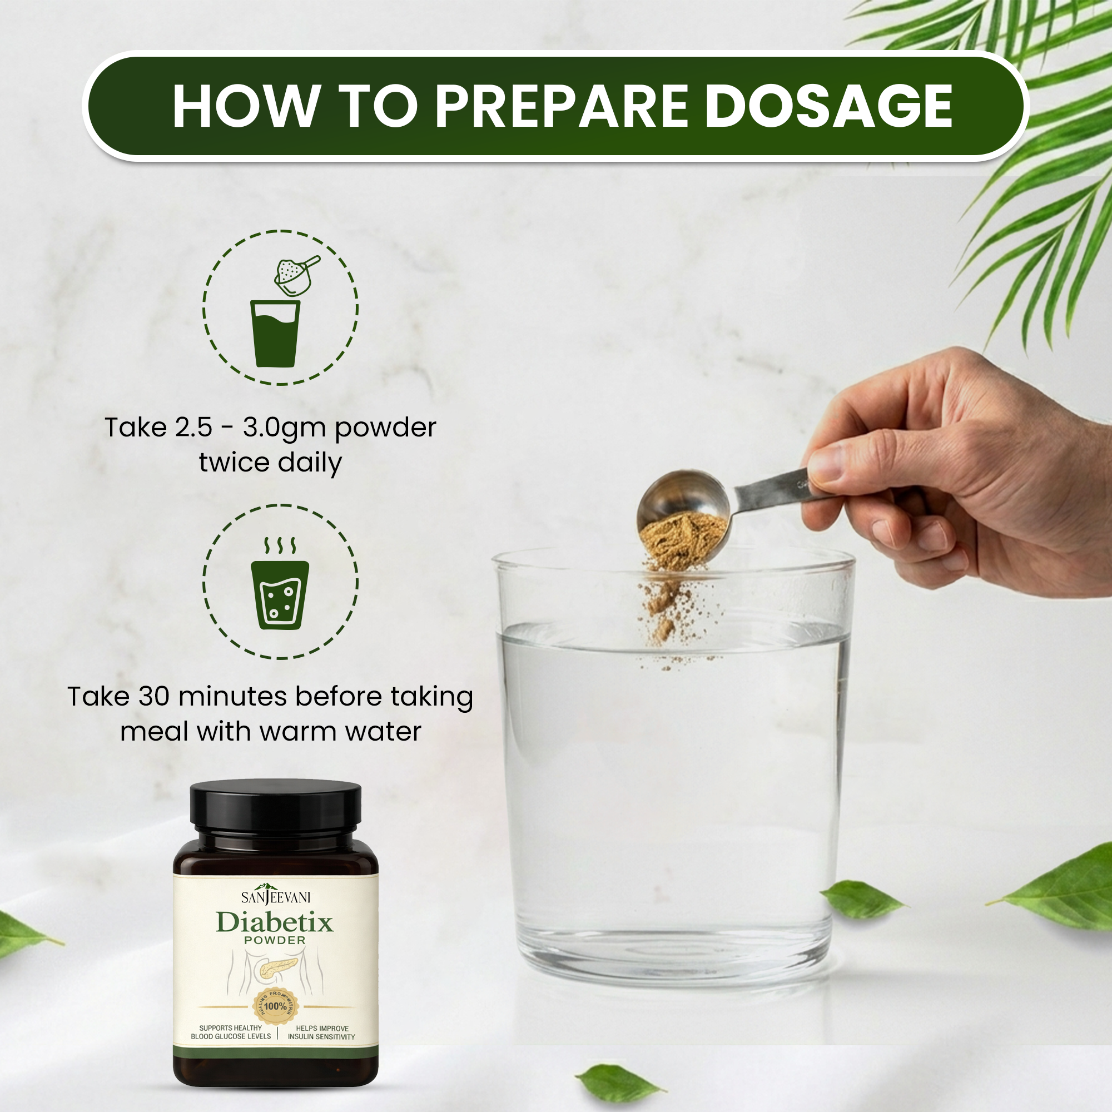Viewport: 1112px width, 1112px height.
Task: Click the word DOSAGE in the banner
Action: pos(829,106)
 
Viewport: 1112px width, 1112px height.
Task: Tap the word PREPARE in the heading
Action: pos(561,106)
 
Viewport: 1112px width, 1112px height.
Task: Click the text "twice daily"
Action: pos(271,463)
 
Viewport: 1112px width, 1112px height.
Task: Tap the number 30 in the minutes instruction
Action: pos(153,697)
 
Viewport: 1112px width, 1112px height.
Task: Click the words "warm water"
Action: pos(341,732)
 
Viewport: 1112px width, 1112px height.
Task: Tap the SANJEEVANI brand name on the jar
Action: pos(276,896)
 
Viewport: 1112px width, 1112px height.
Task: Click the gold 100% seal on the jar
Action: pos(276,1007)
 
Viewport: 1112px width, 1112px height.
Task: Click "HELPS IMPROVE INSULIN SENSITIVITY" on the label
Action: pos(322,1032)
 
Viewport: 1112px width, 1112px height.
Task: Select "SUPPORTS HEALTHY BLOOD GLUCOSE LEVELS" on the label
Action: pos(231,1032)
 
